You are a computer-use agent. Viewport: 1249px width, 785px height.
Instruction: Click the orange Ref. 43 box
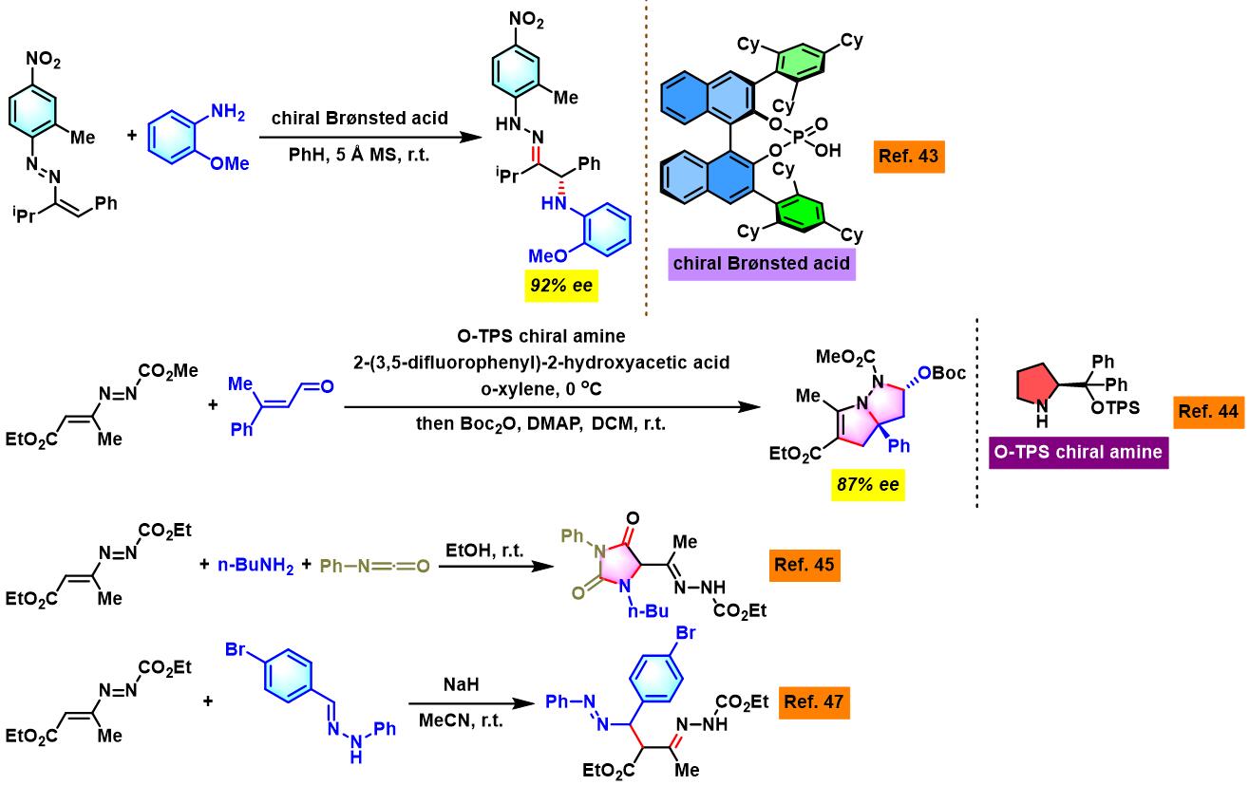click(x=909, y=157)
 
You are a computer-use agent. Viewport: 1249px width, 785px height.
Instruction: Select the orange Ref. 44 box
click(x=1208, y=412)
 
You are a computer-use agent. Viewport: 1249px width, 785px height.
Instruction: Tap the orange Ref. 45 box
click(x=804, y=565)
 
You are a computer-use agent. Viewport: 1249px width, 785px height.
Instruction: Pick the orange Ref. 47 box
click(x=814, y=702)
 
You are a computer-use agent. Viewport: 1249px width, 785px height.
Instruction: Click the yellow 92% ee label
click(x=561, y=286)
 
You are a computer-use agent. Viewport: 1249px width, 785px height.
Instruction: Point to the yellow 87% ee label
click(x=868, y=485)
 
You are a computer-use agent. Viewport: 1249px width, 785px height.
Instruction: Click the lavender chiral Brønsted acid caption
click(x=762, y=264)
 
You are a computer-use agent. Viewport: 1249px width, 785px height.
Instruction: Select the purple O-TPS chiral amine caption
click(x=1078, y=452)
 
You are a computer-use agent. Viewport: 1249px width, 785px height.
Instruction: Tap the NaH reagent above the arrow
click(x=461, y=684)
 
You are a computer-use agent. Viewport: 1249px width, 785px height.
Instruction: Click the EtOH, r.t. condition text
click(x=484, y=551)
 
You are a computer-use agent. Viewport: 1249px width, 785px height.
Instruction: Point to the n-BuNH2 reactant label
click(x=255, y=566)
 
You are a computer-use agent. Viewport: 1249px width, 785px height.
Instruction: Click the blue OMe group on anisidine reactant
click(x=230, y=163)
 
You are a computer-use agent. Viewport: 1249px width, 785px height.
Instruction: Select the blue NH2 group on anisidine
click(x=228, y=112)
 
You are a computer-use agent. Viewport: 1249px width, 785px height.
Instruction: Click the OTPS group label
click(x=1115, y=408)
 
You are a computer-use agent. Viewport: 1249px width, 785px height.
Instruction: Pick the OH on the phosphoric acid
click(x=827, y=150)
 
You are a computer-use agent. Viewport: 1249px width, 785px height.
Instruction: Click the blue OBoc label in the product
click(x=942, y=373)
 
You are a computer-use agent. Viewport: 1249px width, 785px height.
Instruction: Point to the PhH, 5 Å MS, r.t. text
click(x=359, y=155)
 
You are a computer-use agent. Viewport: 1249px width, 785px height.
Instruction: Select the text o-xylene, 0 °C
click(x=541, y=389)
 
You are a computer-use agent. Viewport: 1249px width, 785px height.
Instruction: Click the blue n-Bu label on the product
click(x=648, y=611)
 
